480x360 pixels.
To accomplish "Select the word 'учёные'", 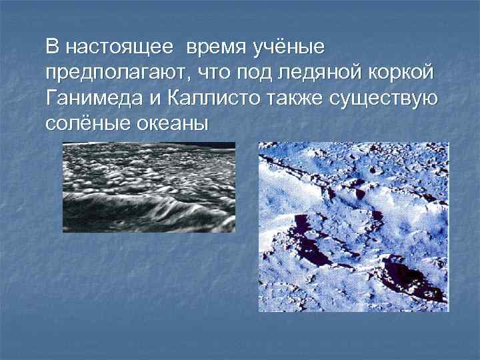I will click(x=287, y=48).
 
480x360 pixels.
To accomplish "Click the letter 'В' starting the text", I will click(x=53, y=48).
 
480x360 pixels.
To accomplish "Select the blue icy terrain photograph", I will click(x=353, y=227).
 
